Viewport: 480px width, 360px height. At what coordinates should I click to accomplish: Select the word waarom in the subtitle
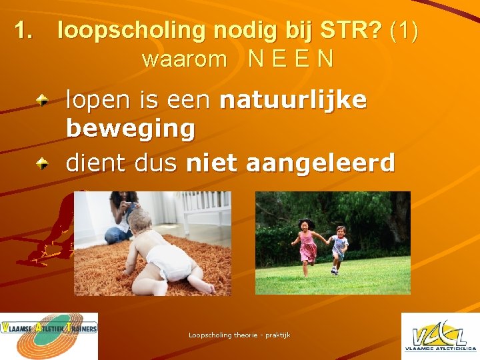(185, 59)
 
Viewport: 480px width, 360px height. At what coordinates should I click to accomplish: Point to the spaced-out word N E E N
(291, 59)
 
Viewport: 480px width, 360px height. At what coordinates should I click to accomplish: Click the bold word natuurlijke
(293, 100)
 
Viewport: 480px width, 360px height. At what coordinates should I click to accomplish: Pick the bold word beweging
(131, 129)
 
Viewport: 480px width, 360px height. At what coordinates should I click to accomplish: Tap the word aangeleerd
(323, 163)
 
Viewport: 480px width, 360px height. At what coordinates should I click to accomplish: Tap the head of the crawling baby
(141, 222)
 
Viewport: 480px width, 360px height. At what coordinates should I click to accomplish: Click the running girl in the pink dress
(309, 244)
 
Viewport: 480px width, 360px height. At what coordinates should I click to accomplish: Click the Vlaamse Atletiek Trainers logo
(49, 336)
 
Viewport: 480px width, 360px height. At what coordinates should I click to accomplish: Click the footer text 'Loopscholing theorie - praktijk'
(239, 335)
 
